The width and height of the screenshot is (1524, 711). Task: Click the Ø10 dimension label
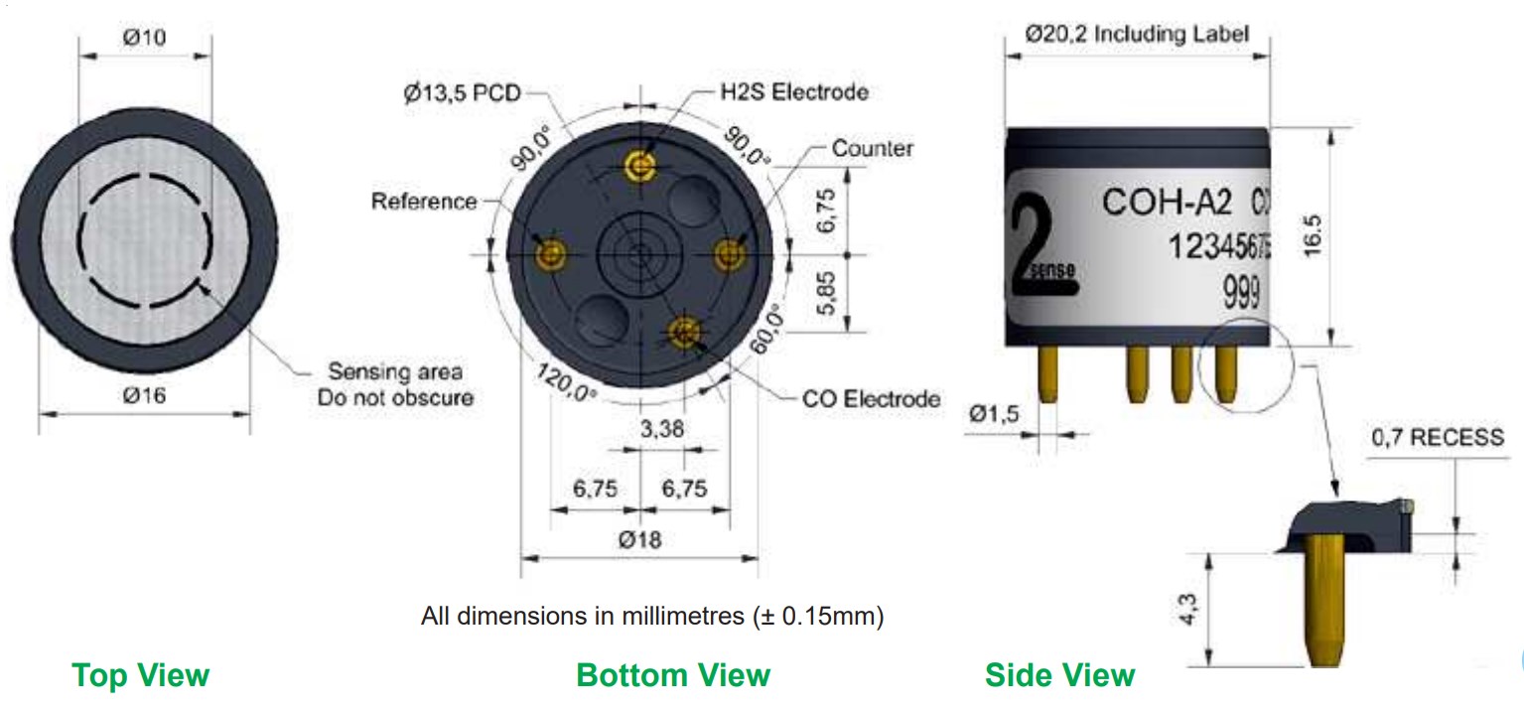point(144,37)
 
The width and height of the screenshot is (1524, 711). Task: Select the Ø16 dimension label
point(144,395)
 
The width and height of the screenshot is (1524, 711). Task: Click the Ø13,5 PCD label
point(462,92)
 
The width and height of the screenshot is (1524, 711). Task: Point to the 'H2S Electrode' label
point(794,91)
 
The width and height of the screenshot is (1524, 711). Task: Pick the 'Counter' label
point(873,148)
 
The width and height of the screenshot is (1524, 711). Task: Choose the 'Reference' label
point(424,202)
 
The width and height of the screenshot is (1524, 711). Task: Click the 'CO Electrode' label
point(872,399)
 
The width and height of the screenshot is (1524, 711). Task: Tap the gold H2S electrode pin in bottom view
point(639,165)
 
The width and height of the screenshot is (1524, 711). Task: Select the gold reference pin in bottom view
point(550,256)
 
